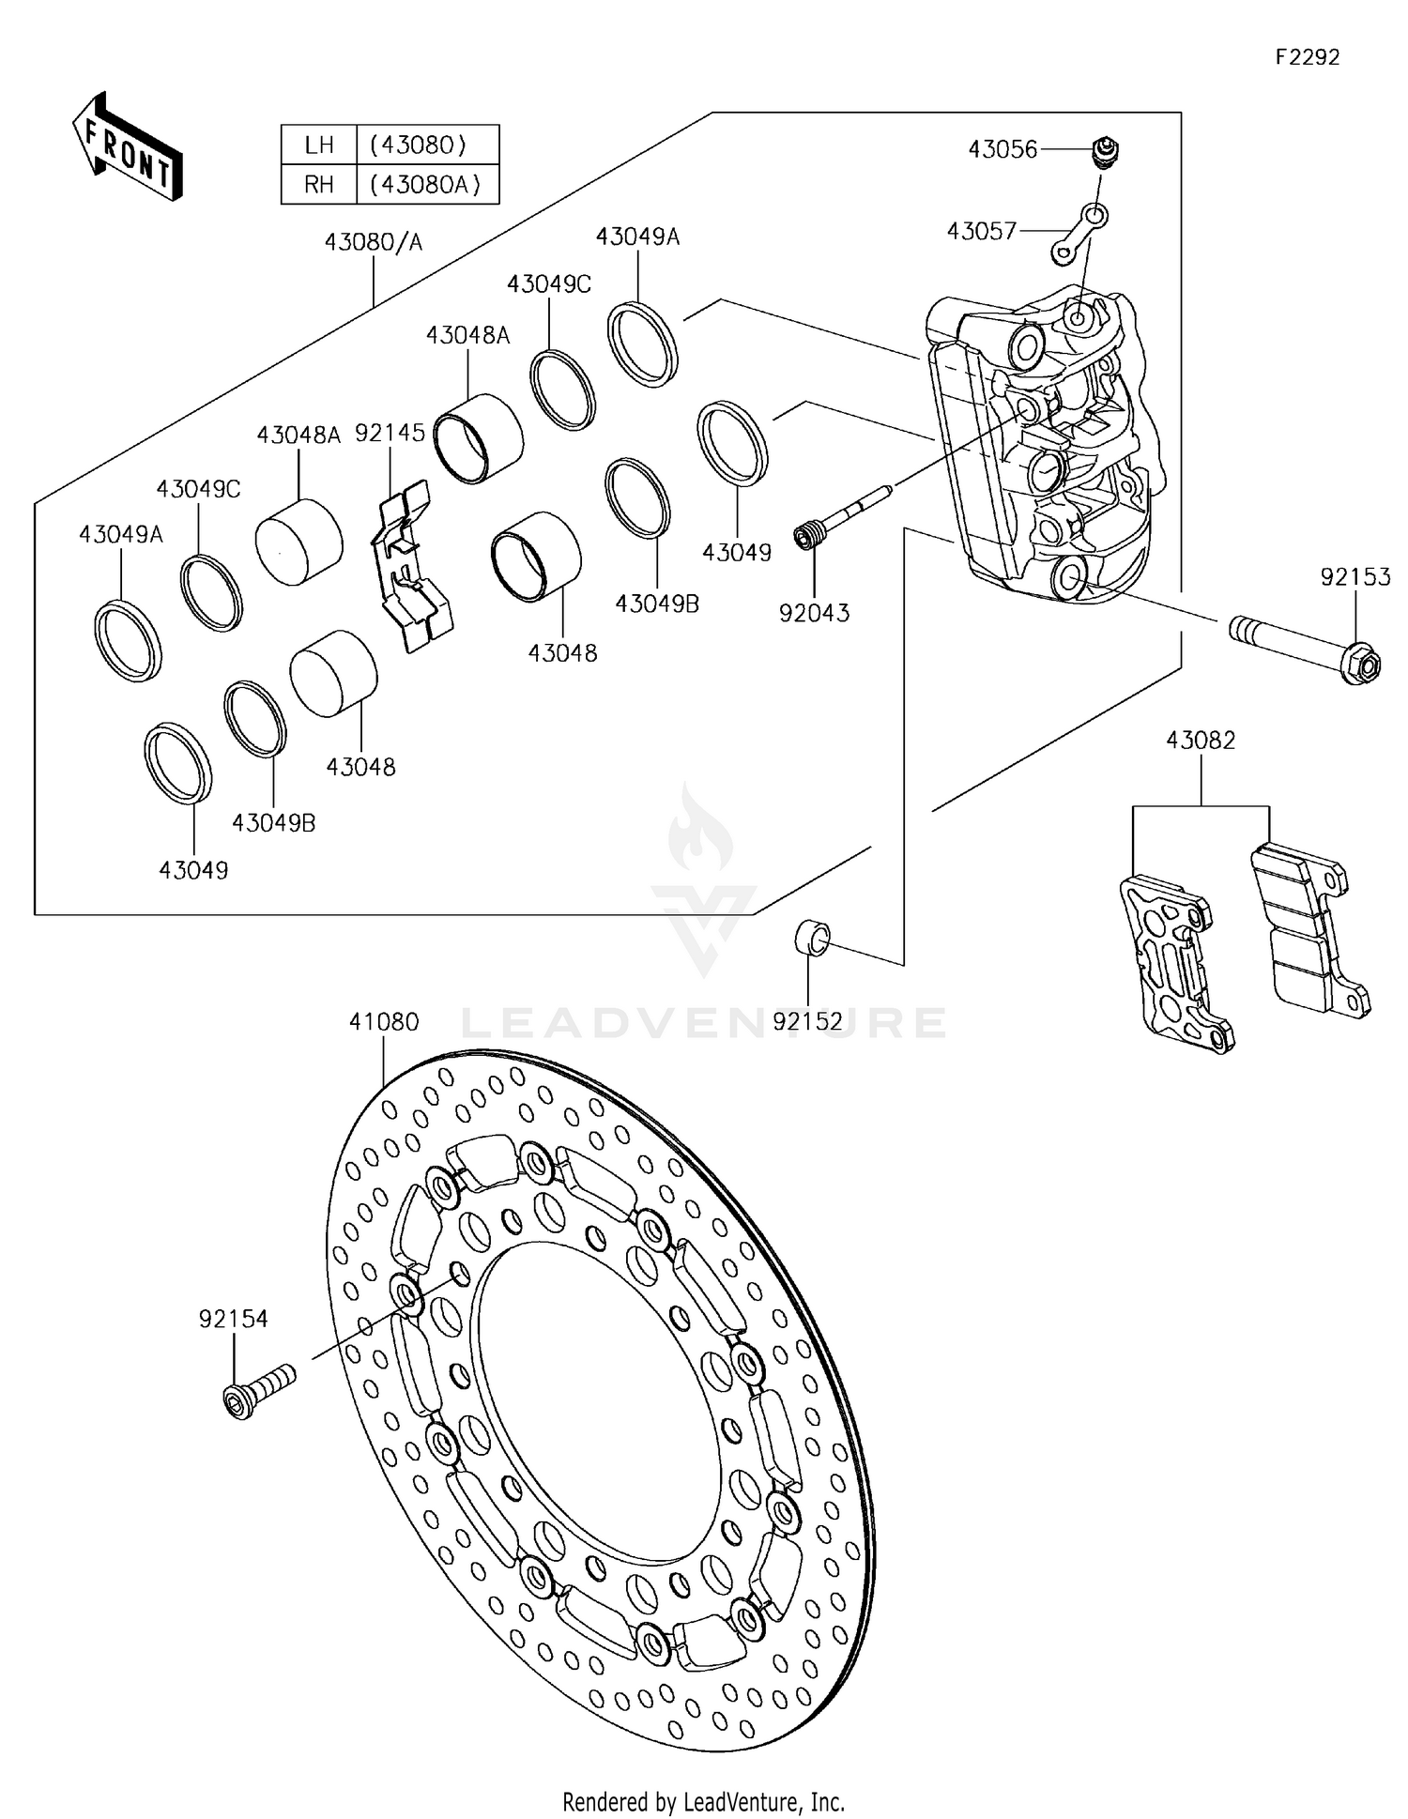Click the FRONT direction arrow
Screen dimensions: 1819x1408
(x=128, y=146)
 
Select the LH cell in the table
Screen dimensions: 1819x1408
(x=319, y=145)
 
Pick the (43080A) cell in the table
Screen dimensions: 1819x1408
(x=427, y=184)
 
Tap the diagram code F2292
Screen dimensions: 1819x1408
(x=1308, y=57)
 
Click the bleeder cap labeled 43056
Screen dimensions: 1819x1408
(x=1109, y=150)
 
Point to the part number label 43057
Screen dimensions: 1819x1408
(x=981, y=231)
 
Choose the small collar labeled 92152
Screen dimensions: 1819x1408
(x=813, y=937)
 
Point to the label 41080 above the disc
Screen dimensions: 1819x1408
(x=384, y=1022)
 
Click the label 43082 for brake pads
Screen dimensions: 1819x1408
(x=1201, y=740)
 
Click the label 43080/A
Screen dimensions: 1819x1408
(x=374, y=242)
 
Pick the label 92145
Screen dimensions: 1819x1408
(x=390, y=433)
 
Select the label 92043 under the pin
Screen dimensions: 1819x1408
(x=814, y=613)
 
